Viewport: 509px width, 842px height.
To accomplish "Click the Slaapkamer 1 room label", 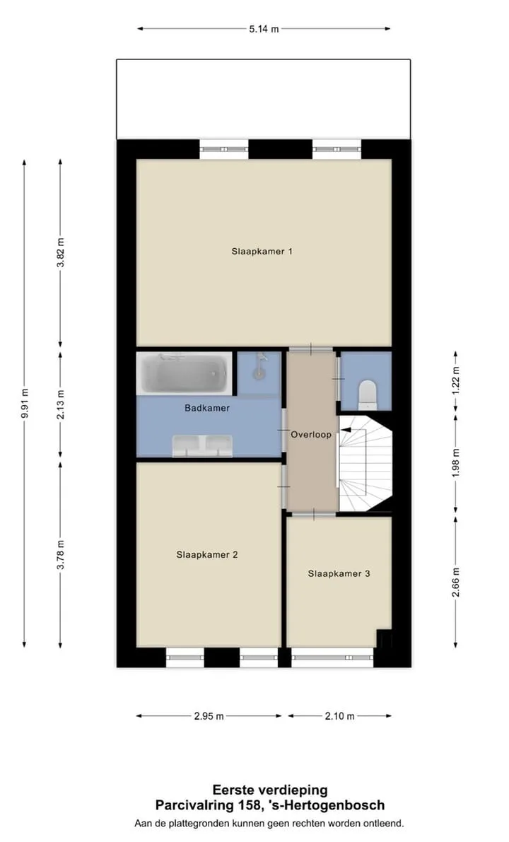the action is click(x=262, y=251).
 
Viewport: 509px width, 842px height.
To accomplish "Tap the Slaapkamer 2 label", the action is click(x=206, y=555).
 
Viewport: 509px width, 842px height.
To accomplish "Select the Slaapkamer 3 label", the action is click(x=339, y=573).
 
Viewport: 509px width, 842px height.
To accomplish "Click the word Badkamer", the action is click(x=207, y=408).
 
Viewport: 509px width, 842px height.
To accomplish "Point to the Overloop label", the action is click(x=312, y=434).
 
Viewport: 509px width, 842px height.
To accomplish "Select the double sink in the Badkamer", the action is click(x=202, y=445).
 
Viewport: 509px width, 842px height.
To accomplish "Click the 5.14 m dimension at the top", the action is click(x=264, y=29).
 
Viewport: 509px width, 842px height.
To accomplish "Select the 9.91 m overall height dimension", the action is click(x=25, y=403).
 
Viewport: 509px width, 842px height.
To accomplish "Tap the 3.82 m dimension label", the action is click(x=61, y=252).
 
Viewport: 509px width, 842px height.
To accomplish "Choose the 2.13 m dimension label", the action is click(x=61, y=404).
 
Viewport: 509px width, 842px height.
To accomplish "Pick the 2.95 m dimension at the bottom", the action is click(x=209, y=716).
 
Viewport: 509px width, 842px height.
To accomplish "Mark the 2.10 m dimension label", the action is click(x=339, y=716).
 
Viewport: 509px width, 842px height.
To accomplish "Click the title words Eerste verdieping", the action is click(x=269, y=790).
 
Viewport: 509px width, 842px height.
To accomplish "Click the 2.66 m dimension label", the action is click(x=456, y=582).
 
